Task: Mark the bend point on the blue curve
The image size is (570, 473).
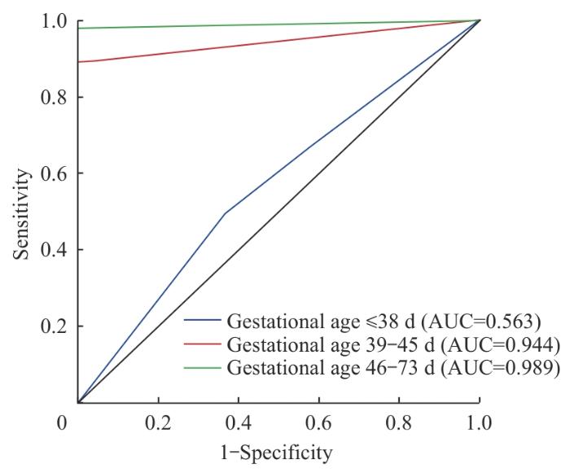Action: click(225, 213)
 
